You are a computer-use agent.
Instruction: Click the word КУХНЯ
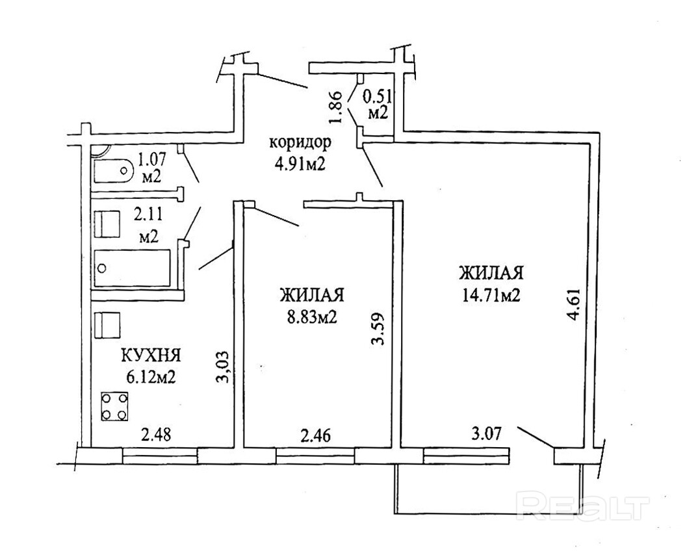point(150,356)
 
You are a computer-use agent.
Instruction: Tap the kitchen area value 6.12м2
point(150,377)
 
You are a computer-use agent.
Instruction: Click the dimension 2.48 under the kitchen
point(158,434)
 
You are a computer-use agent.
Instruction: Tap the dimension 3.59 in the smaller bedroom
point(380,332)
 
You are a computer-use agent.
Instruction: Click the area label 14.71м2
point(491,296)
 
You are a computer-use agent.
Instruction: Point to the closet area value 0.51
point(376,96)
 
